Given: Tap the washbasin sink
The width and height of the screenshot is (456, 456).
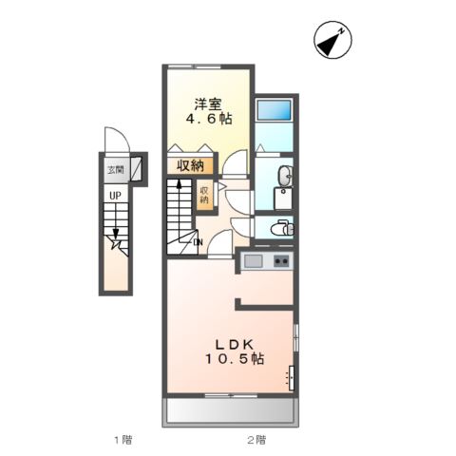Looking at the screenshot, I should [286, 176].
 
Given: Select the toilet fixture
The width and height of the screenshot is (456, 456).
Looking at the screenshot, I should [282, 228].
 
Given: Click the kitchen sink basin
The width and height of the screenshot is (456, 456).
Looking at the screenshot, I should [254, 261].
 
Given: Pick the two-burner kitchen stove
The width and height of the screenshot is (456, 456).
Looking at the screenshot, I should [281, 261].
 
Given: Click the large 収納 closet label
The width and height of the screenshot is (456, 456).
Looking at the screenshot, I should [189, 164].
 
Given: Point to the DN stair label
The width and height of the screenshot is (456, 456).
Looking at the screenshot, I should [197, 242].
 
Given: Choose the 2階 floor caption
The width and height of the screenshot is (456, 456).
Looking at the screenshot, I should [256, 440].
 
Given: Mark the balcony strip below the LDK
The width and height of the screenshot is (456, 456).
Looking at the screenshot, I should [231, 410].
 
